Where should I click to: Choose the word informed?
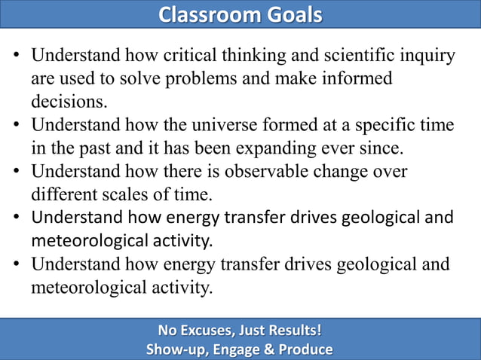point(357,78)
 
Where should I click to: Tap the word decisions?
point(69,100)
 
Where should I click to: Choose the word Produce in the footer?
point(308,349)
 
